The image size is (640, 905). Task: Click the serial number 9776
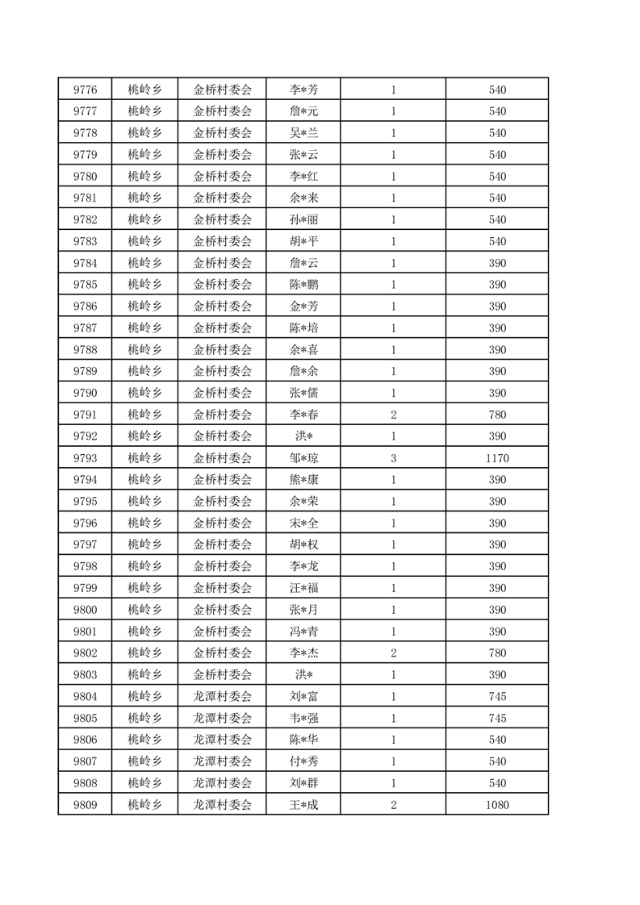coord(85,90)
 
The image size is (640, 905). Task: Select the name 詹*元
coord(303,111)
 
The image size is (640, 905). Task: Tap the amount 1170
coord(497,458)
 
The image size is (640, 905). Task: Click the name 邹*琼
coord(303,458)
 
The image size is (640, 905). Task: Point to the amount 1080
coord(497,804)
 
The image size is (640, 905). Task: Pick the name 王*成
coord(303,804)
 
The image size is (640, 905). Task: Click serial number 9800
coord(85,610)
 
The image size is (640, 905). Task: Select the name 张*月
coord(303,610)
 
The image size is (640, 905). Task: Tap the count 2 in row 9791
coord(393,415)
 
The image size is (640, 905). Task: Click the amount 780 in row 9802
coord(497,653)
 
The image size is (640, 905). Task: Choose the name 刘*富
coord(303,696)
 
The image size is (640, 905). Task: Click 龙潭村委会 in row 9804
coord(223,696)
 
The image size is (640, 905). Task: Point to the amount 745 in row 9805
coord(497,718)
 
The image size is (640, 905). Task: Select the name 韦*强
coord(303,718)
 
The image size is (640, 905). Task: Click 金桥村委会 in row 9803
coord(223,674)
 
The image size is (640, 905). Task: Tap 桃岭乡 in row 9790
coord(144,393)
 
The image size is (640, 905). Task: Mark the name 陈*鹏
coord(303,285)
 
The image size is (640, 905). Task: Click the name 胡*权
coord(303,544)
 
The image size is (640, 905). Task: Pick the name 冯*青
coord(303,631)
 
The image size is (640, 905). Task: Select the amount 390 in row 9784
coord(497,263)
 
